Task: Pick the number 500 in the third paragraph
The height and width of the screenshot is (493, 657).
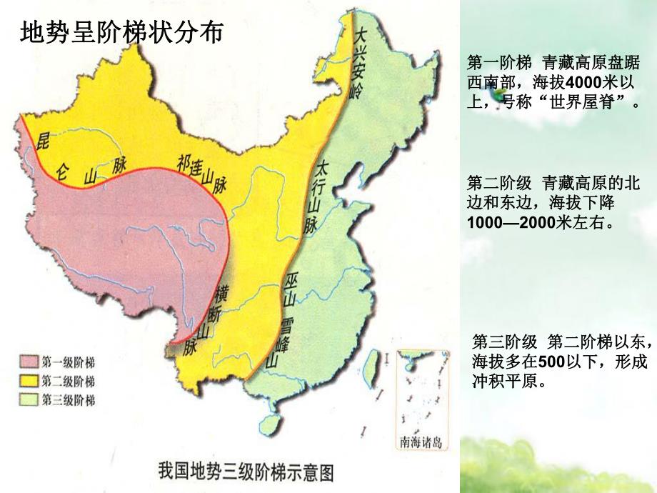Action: (550, 361)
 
